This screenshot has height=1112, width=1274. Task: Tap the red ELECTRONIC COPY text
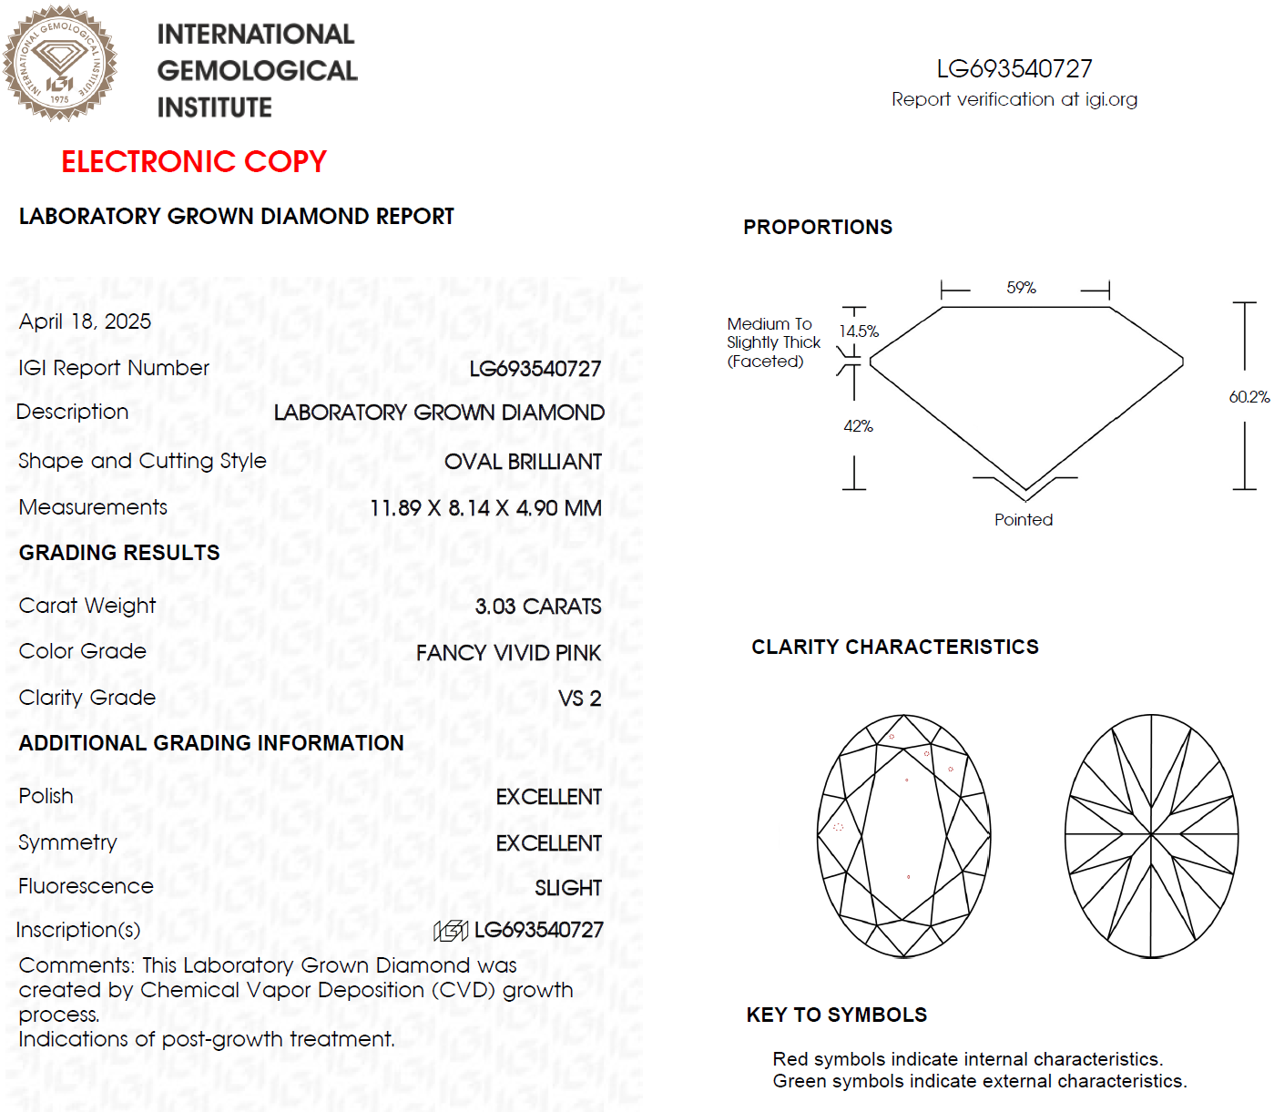click(x=193, y=161)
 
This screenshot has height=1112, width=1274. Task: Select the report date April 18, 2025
click(x=85, y=321)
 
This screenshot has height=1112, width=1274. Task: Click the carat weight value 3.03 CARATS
click(x=537, y=607)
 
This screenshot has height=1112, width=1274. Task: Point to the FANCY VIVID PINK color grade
click(x=508, y=653)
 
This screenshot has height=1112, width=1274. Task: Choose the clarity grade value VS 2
click(x=579, y=699)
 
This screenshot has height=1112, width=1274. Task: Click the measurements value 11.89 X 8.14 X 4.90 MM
click(x=485, y=508)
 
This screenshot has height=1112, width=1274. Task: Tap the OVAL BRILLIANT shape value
click(x=523, y=462)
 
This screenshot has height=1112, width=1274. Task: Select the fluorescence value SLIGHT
click(x=567, y=888)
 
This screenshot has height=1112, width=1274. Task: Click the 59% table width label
click(x=1021, y=288)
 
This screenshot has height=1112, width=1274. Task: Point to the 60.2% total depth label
click(x=1249, y=397)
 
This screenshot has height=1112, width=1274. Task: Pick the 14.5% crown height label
click(x=859, y=332)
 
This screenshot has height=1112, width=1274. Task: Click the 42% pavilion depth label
click(x=858, y=426)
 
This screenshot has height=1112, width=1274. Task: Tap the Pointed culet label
click(x=1024, y=520)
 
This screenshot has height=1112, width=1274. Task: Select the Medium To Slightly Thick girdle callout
click(x=773, y=342)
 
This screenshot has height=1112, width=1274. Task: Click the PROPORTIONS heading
click(x=817, y=228)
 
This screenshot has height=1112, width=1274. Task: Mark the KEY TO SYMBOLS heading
click(x=836, y=1015)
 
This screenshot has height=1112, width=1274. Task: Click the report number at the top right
click(x=1014, y=69)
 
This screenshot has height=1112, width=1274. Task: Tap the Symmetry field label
click(x=67, y=842)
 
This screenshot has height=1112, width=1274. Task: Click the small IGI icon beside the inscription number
click(x=451, y=930)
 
